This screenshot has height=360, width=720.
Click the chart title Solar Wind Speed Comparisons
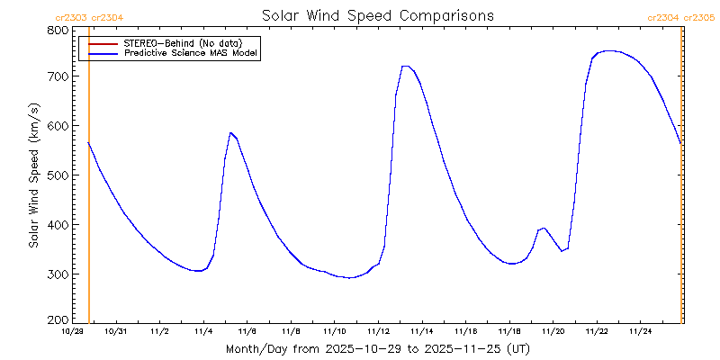coord(377,15)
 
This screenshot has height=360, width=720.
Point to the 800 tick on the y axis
coord(57,30)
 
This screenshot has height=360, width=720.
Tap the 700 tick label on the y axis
coord(57,77)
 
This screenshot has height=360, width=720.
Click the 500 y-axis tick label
coord(57,175)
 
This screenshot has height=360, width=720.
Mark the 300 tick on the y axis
coord(57,274)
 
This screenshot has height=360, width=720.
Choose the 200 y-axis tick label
coord(57,319)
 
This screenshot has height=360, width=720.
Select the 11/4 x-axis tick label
coord(203,331)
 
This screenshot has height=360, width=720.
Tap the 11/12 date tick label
coord(378,331)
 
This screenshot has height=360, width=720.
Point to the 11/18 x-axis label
coord(509,331)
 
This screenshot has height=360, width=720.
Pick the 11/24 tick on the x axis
coord(640,331)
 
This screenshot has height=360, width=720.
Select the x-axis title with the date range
coord(377,347)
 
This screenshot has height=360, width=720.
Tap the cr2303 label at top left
coord(72,17)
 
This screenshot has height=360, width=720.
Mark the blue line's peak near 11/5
coord(230,133)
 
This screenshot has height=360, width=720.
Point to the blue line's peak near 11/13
coord(405,66)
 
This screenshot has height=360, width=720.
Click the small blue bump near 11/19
coord(543,228)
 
